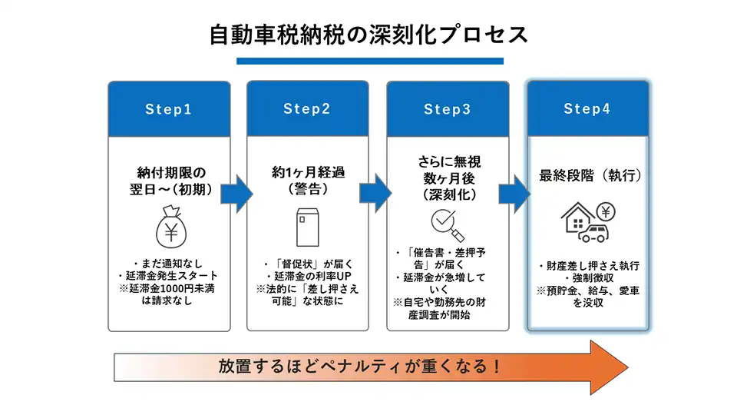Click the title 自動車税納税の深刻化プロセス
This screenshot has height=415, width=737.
(x=368, y=34)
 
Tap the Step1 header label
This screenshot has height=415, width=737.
(x=168, y=109)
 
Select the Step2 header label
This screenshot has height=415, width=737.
(x=306, y=109)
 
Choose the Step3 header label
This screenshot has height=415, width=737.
(x=447, y=109)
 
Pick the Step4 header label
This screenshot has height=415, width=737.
(x=587, y=109)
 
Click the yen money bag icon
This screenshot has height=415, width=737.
(x=169, y=228)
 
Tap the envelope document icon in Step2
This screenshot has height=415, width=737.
(x=307, y=226)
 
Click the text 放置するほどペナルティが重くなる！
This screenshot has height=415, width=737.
(x=359, y=366)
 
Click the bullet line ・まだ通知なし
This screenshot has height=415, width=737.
(x=168, y=264)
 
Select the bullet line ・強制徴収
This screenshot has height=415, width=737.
(x=587, y=278)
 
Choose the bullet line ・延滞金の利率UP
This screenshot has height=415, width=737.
(x=307, y=276)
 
